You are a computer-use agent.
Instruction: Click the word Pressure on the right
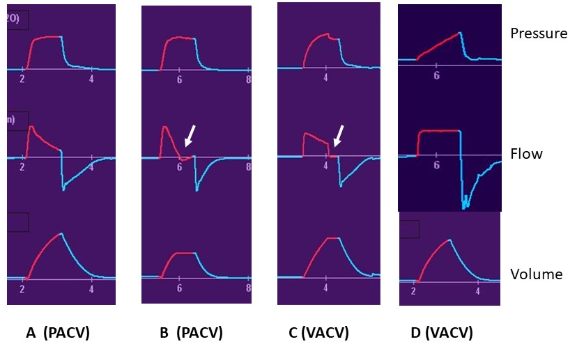(538, 33)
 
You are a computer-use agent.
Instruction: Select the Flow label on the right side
(526, 154)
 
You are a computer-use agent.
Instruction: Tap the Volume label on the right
(536, 274)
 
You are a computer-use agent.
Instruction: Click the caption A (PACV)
(58, 334)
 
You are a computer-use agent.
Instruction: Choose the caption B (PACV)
(191, 334)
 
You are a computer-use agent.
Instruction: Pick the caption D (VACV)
(442, 334)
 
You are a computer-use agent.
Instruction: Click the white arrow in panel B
(190, 136)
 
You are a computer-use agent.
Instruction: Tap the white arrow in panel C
(339, 136)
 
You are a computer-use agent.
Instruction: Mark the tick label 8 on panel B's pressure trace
(248, 80)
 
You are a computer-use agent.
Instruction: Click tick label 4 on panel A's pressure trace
(91, 79)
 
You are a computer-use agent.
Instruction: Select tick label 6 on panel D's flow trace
(436, 166)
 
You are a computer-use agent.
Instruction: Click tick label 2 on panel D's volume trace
(414, 292)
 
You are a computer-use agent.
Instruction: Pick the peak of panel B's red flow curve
(165, 127)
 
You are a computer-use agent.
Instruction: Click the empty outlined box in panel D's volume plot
(409, 229)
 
